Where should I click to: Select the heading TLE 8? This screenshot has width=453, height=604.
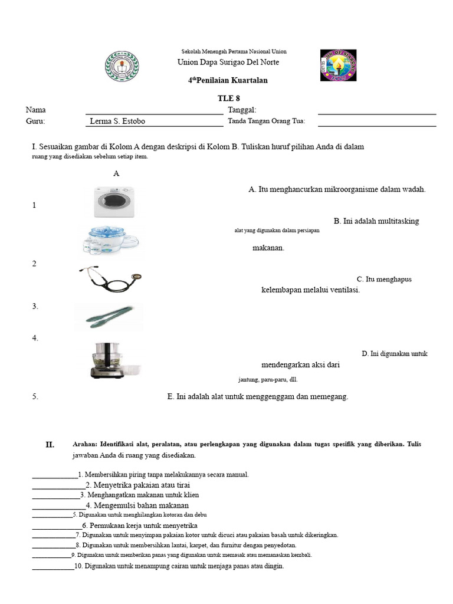(x=229, y=99)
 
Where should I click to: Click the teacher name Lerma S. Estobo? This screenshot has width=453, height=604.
(x=117, y=122)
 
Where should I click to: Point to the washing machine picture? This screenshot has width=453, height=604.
(x=114, y=202)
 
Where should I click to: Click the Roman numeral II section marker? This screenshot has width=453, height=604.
(x=50, y=445)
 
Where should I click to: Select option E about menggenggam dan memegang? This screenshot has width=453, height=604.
(x=258, y=397)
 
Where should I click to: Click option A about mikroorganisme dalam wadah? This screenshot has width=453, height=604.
(x=337, y=189)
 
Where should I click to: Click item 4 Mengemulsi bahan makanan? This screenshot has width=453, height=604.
(x=137, y=505)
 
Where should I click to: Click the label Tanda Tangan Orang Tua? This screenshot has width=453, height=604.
(x=266, y=122)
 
